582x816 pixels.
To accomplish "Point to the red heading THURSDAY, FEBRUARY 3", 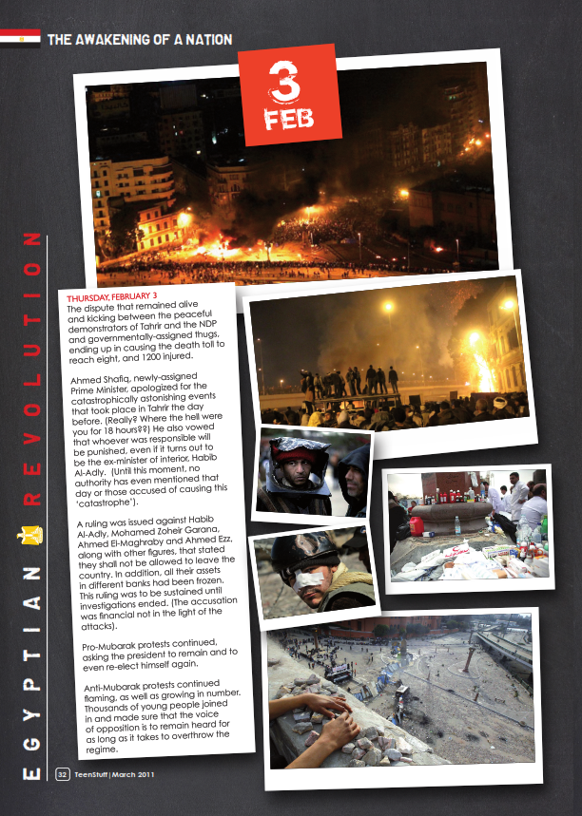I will point(112,296).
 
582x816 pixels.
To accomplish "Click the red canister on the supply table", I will point(416,525).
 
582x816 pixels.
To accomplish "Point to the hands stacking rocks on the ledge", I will point(320,712).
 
